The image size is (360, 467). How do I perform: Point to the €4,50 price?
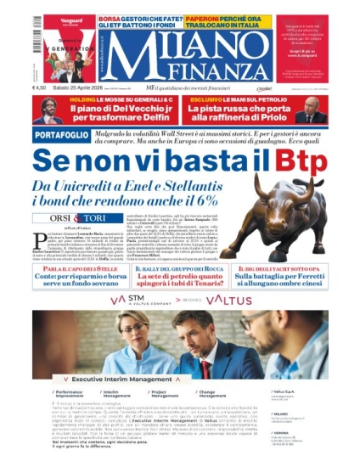pyautogui.click(x=40, y=87)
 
